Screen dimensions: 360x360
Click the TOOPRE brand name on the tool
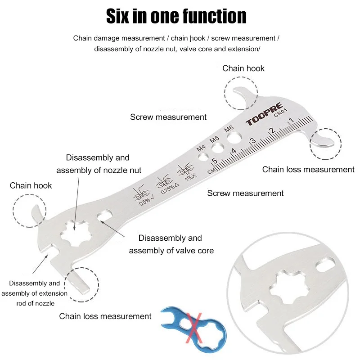pos(264,114)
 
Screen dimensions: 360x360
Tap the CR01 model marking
pos(280,112)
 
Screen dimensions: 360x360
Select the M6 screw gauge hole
pos(234,138)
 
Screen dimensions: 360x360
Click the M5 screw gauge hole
pos(218,148)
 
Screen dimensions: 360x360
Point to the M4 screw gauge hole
pos(203,157)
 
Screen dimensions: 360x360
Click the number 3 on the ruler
pos(252,140)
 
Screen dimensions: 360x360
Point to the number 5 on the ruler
pos(215,161)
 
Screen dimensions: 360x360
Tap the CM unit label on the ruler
pos(211,171)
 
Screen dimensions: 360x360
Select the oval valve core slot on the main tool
pos(104,216)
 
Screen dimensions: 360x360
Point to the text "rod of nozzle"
pos(36,303)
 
